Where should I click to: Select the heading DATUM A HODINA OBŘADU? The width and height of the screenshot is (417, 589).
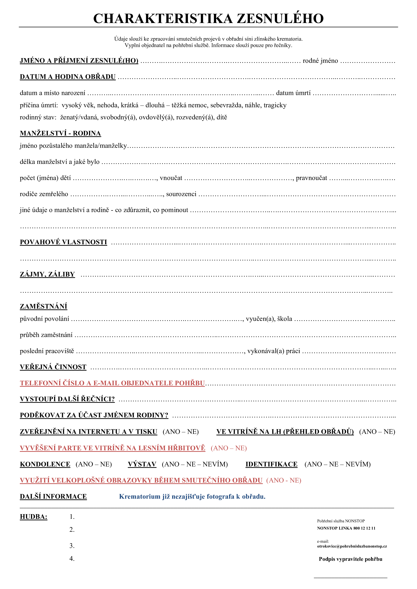click(x=68, y=77)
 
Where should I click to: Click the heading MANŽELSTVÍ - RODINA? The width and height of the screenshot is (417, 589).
click(x=60, y=133)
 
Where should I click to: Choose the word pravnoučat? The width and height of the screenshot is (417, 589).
click(x=311, y=178)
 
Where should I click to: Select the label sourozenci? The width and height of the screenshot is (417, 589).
click(x=181, y=194)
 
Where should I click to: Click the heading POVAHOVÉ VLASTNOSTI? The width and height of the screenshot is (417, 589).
click(x=63, y=242)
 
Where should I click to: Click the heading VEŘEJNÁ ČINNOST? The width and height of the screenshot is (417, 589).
click(x=53, y=367)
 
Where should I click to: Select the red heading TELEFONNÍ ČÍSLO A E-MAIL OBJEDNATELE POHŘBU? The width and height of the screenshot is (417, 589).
click(x=112, y=383)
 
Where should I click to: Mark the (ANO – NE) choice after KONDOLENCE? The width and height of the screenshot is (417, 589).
click(x=94, y=464)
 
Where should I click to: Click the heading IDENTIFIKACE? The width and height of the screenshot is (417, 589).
click(x=271, y=464)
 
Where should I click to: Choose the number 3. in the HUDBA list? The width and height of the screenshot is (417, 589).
click(x=72, y=546)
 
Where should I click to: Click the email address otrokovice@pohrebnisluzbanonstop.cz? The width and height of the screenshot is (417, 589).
click(x=352, y=546)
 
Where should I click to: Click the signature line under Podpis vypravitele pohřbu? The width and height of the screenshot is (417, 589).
click(x=350, y=577)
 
